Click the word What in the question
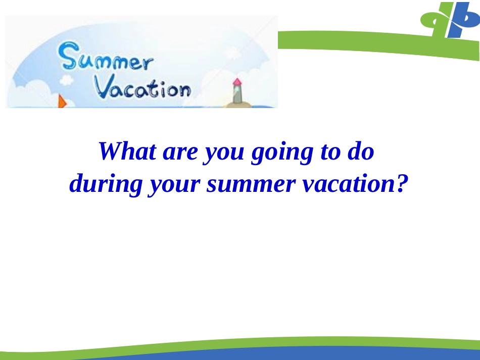tap(127, 151)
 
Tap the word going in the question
tap(282, 153)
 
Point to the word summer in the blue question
tap(251, 184)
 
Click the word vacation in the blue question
tap(350, 183)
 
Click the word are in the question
tap(180, 152)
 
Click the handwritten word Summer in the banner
tap(106, 57)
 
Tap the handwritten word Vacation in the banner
tap(142, 89)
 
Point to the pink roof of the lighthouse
tap(237, 82)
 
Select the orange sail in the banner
tap(62, 101)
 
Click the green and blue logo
tap(450, 20)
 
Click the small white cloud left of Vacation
tap(66, 80)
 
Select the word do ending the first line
tap(361, 151)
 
